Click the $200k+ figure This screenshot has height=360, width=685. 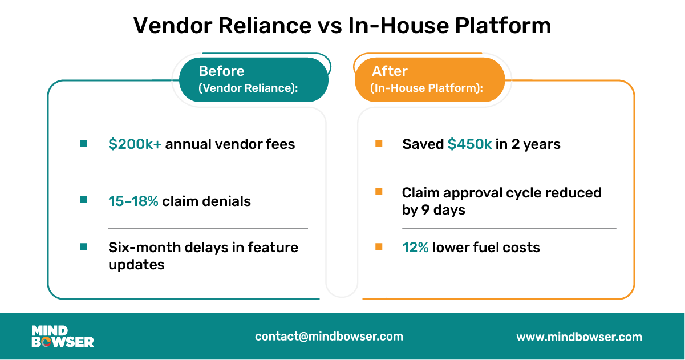135,144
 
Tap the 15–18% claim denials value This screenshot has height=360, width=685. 133,201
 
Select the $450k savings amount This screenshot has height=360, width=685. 469,144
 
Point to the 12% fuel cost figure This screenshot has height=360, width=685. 415,247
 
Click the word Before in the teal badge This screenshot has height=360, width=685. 221,71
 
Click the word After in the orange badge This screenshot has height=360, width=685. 390,71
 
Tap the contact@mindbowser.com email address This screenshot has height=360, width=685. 329,337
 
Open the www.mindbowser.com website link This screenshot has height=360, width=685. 579,337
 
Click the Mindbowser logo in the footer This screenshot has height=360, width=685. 63,337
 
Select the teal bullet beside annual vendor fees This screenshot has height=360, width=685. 84,143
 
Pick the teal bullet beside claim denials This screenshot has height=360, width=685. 84,200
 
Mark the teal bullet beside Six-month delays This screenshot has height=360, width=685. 84,247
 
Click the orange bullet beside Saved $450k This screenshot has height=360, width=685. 379,143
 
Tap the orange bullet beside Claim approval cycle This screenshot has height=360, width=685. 379,192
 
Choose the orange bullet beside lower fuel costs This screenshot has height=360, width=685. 379,247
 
